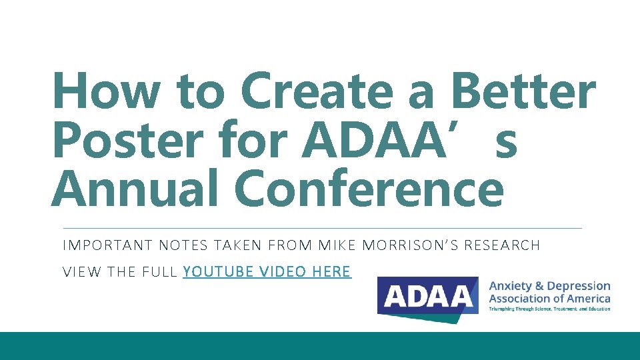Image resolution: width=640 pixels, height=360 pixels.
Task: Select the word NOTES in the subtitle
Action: point(184,246)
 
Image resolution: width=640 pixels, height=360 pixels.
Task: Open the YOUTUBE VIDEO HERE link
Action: point(267,272)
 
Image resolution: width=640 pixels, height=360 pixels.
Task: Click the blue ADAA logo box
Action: point(427,296)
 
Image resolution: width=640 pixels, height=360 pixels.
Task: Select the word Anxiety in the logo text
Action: point(511,286)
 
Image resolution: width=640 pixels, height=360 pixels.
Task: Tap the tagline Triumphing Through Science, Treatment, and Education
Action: point(549,309)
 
